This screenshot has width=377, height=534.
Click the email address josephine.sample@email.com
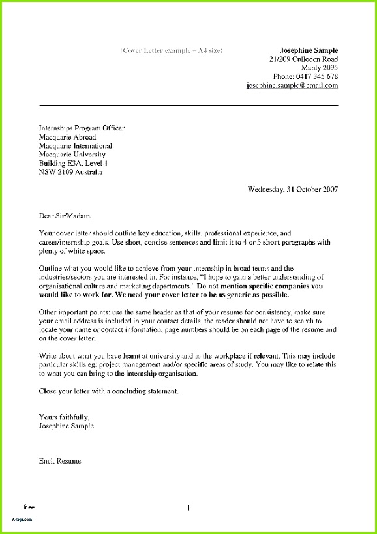pyautogui.click(x=292, y=85)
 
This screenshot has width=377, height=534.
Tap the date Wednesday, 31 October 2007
pyautogui.click(x=293, y=190)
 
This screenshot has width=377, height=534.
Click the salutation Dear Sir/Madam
pyautogui.click(x=65, y=215)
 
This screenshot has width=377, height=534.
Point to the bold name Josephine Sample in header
pyautogui.click(x=309, y=50)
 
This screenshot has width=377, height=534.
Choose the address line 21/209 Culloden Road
pyautogui.click(x=303, y=59)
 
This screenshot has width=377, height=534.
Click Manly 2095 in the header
pyautogui.click(x=319, y=68)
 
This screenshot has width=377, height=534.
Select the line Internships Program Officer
pyautogui.click(x=82, y=128)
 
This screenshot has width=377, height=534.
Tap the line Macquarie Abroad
pyautogui.click(x=67, y=138)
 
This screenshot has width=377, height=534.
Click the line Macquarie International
pyautogui.click(x=75, y=146)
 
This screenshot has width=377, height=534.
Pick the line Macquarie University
pyautogui.click(x=71, y=155)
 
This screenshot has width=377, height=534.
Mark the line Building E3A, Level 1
pyautogui.click(x=74, y=163)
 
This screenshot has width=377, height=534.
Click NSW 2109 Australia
pyautogui.click(x=70, y=172)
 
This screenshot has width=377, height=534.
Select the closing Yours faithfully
pyautogui.click(x=64, y=417)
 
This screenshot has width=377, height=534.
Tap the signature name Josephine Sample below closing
pyautogui.click(x=66, y=426)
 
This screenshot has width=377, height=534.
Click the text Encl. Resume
pyautogui.click(x=60, y=461)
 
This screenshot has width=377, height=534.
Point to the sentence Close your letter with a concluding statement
pyautogui.click(x=108, y=391)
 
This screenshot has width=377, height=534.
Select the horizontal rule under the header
pyautogui.click(x=188, y=105)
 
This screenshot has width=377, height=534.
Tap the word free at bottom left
pyautogui.click(x=29, y=506)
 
